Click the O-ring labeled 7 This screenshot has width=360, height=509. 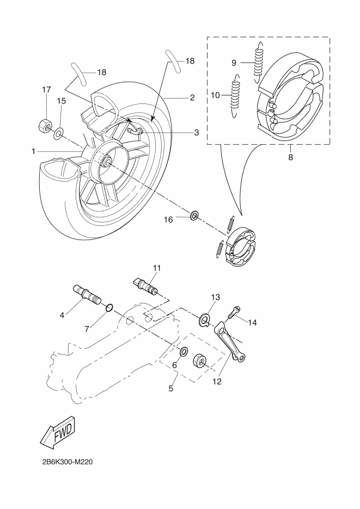pos(109,308)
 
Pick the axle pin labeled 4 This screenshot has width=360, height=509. pos(87,294)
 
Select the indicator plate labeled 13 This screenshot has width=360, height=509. pos(205,320)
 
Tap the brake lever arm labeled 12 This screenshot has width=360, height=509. pos(230,341)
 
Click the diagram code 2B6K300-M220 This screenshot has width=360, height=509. pos(67,462)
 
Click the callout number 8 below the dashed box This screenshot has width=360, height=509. pos(290,157)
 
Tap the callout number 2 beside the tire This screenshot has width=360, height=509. pos(192,97)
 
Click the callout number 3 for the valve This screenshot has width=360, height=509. pos(197,132)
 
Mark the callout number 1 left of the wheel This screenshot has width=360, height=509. pos(33,151)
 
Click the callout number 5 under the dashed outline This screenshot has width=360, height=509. pos(171,388)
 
